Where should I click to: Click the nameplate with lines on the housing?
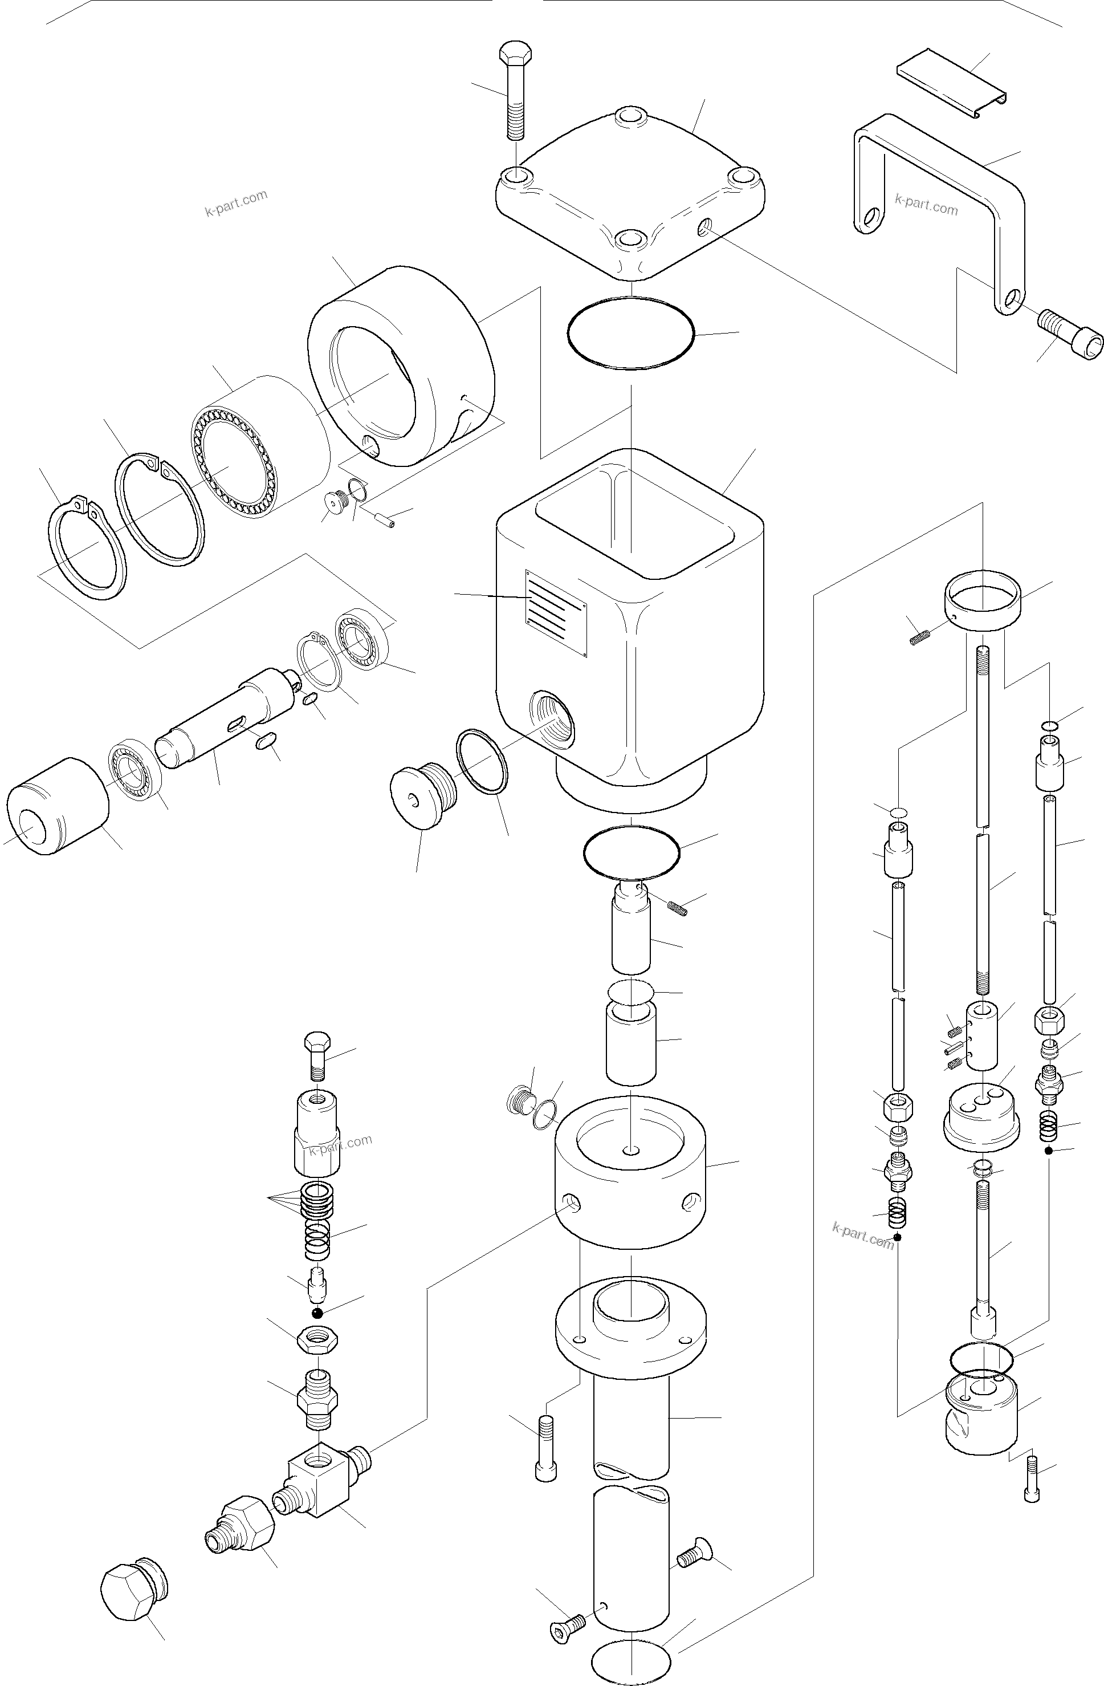pos(555,612)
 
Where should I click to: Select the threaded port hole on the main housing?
pos(556,721)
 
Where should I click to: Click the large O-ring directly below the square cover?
pos(630,332)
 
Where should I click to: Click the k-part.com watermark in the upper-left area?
pos(236,204)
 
